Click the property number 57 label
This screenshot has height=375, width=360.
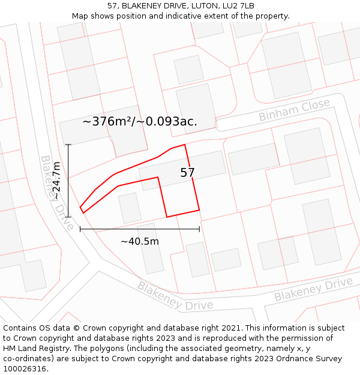(187, 173)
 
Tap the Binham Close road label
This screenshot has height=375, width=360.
(294, 110)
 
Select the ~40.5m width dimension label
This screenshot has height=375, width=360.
(140, 241)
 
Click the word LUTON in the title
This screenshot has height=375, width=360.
(196, 6)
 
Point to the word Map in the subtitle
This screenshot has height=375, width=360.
(80, 16)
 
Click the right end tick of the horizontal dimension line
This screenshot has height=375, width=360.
(199, 229)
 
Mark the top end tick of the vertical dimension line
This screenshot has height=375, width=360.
(68, 145)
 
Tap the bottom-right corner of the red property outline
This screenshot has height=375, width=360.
(199, 210)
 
